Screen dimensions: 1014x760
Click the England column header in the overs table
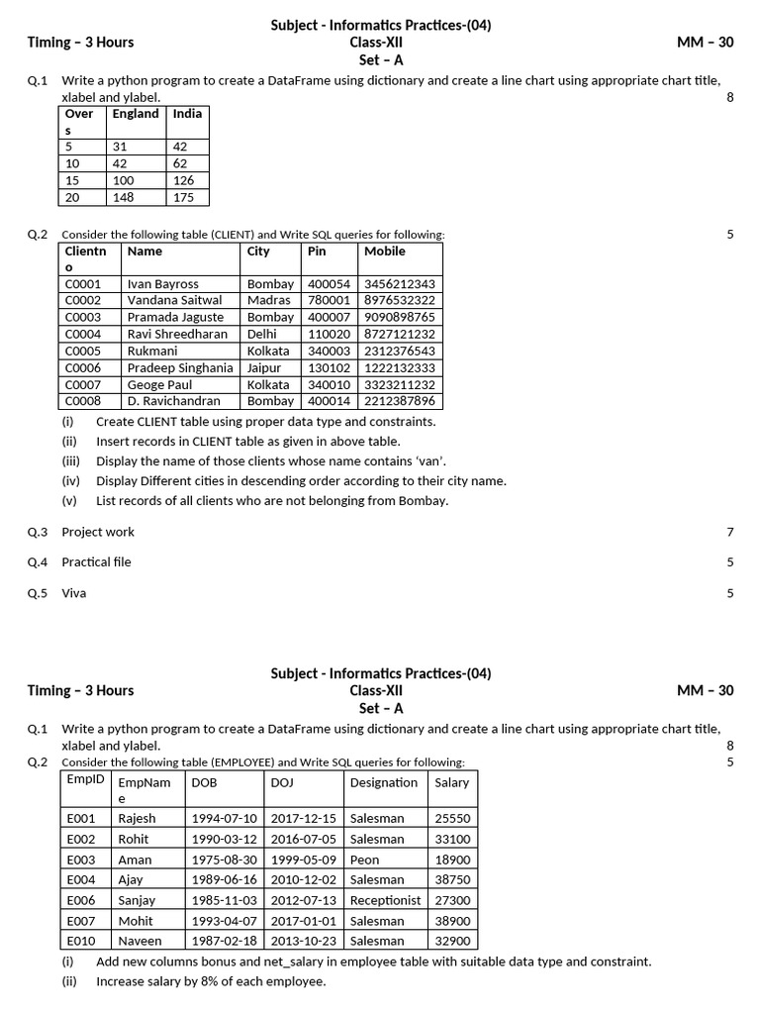point(136,114)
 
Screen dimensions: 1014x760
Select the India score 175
point(185,197)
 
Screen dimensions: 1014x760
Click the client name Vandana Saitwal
point(174,300)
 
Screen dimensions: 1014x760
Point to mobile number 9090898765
point(399,317)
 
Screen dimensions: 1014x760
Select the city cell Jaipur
point(264,367)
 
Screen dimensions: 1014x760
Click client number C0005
point(83,351)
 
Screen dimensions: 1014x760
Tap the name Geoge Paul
point(159,384)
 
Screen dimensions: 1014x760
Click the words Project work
point(98,532)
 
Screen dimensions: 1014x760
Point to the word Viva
point(74,593)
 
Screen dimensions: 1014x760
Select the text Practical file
point(96,562)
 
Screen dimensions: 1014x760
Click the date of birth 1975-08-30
point(224,860)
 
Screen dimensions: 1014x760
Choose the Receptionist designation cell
point(385,900)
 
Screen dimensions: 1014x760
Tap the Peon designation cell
point(364,860)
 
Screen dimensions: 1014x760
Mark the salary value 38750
point(452,879)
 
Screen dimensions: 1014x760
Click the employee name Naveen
point(140,941)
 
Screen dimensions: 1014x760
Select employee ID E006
point(81,900)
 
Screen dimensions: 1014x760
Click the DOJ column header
point(281,782)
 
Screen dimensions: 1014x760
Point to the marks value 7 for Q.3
point(730,532)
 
